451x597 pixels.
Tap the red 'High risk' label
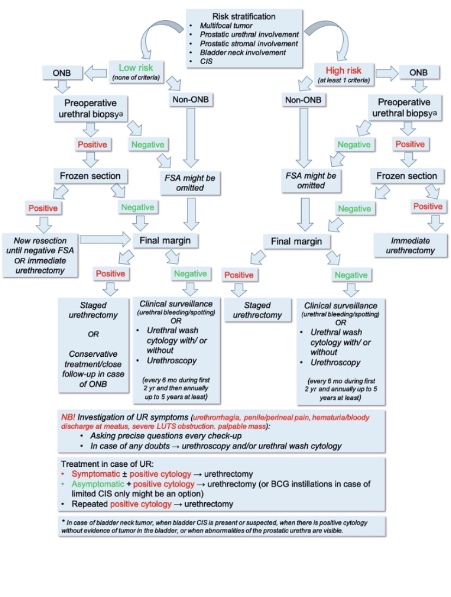(x=345, y=70)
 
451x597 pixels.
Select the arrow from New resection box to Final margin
(x=104, y=239)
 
